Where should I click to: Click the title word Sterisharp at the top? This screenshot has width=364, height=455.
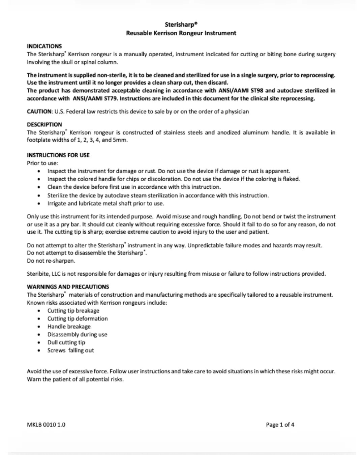pos(180,25)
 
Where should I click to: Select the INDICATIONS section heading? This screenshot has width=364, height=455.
pos(44,46)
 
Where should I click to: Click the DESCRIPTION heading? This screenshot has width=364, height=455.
pos(44,124)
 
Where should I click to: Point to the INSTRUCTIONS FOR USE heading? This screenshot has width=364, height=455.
pos(58,155)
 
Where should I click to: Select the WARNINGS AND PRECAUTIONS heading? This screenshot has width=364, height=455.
pos(68,287)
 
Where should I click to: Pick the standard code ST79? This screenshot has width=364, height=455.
pos(109,98)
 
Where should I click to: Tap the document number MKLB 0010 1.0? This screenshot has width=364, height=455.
pos(46,425)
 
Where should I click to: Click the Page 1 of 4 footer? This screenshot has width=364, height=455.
pos(280,425)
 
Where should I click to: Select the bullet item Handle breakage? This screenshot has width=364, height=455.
pos(69,327)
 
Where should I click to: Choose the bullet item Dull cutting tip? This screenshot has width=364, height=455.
pos(66,342)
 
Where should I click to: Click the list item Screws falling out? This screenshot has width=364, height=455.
pos(70,351)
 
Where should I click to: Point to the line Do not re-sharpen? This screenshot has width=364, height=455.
pos(51,261)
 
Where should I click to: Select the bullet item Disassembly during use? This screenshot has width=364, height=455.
pos(77,335)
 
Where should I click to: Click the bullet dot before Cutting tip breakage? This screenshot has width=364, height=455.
pos(39,311)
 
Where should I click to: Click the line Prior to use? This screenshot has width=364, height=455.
pos(42,163)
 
